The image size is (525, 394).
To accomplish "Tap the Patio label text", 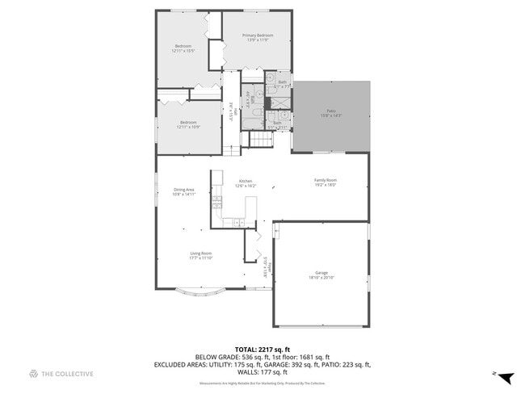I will [x=330, y=113].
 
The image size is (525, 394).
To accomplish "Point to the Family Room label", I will [x=325, y=182].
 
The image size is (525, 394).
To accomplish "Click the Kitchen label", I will [x=245, y=183].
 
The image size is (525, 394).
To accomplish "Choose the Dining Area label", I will [x=184, y=191].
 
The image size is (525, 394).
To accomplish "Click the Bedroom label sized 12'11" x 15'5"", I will [x=183, y=48].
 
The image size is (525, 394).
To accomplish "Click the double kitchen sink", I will [x=239, y=221].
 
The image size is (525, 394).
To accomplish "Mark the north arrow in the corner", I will [x=505, y=376].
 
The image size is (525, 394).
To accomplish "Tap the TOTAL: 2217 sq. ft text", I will [x=262, y=348].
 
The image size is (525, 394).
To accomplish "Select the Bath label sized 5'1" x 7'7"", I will [x=282, y=84].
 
